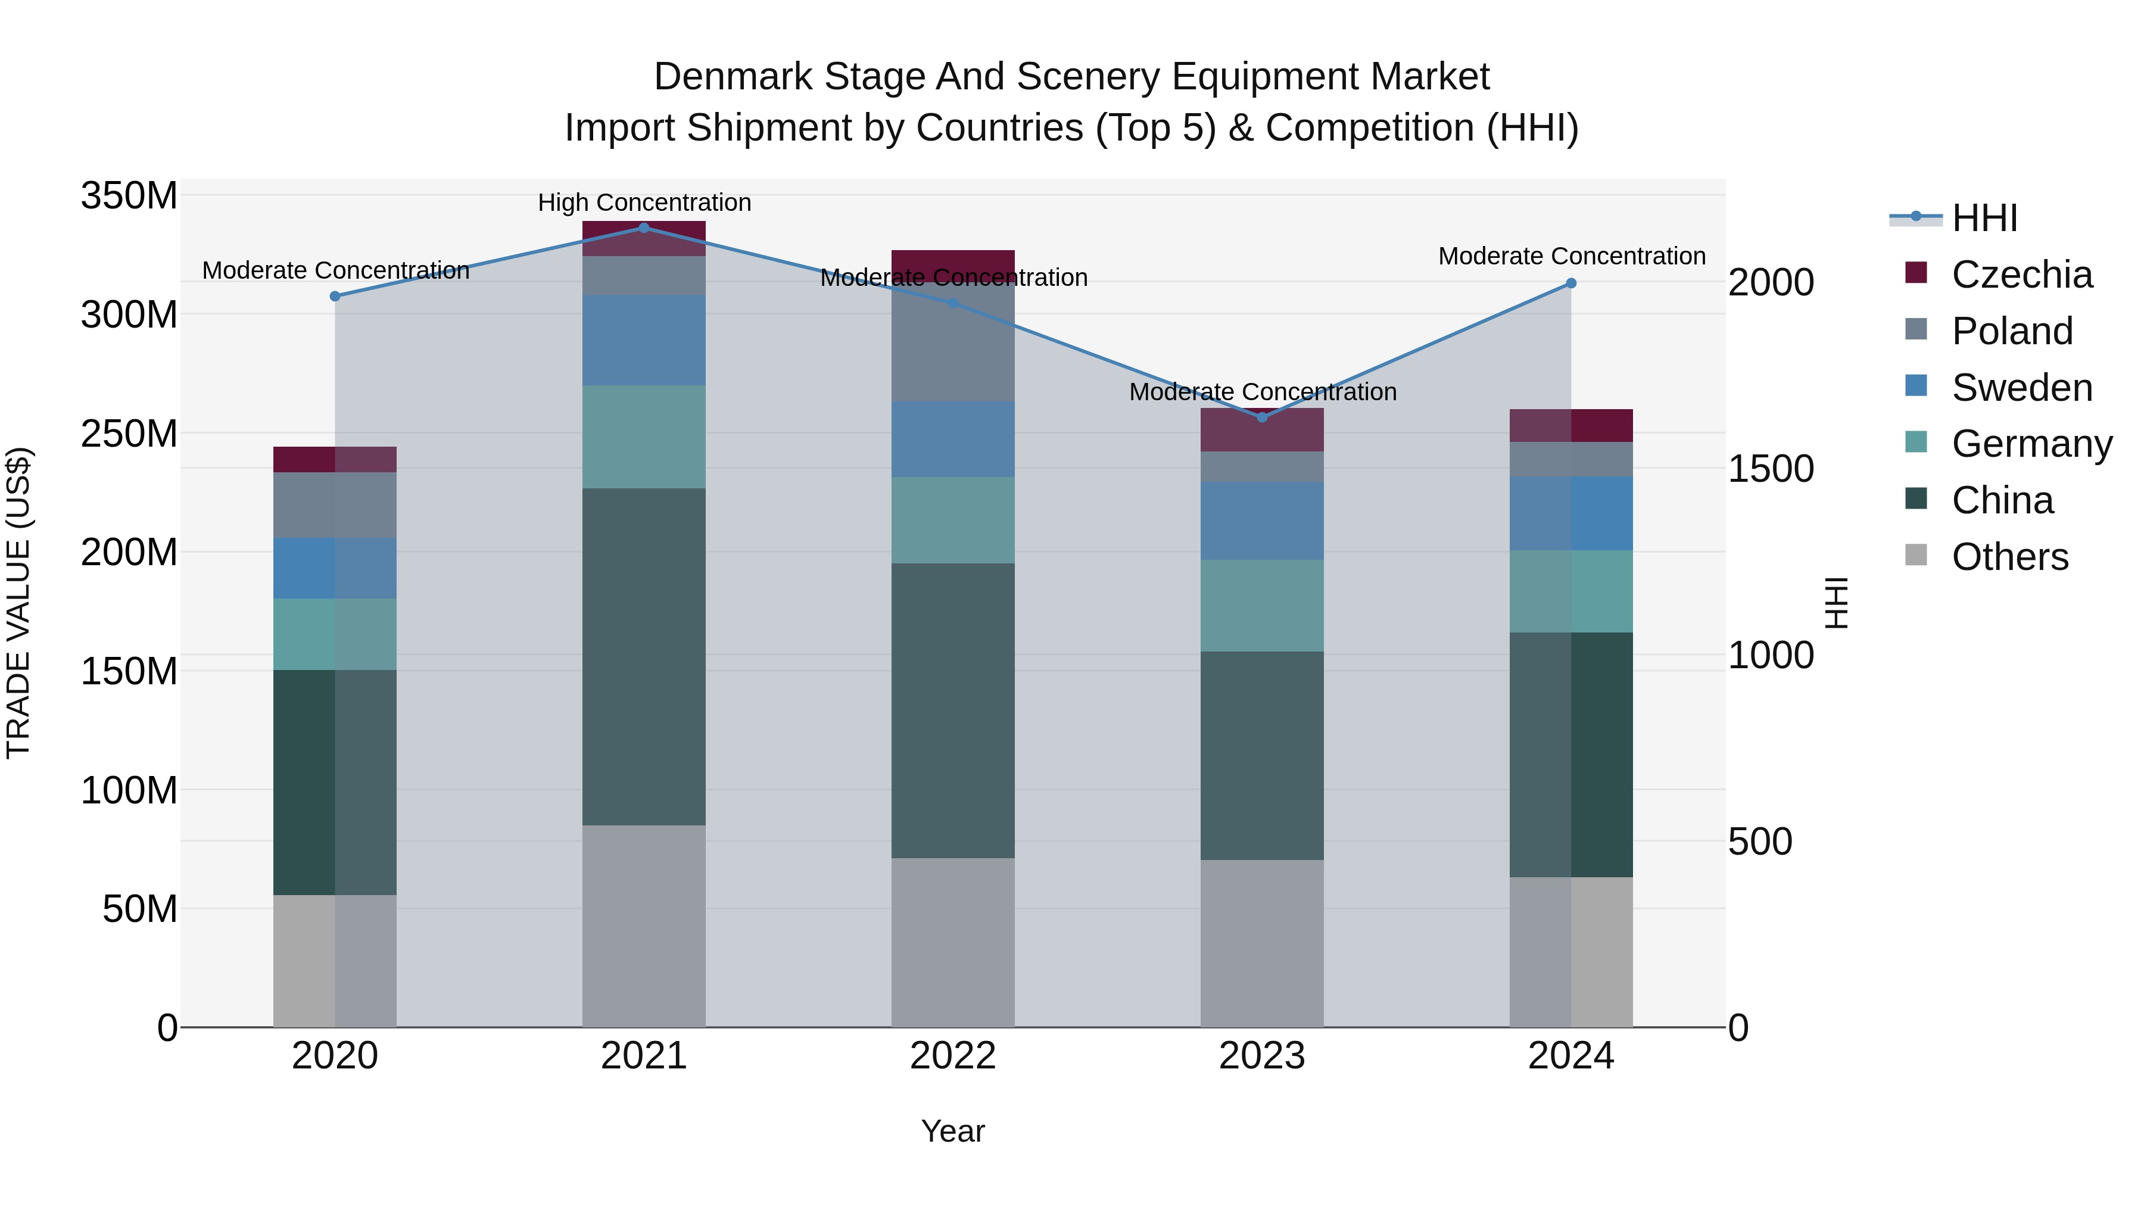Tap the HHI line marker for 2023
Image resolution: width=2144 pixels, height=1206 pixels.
coord(1262,417)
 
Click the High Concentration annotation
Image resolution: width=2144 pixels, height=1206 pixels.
coord(644,202)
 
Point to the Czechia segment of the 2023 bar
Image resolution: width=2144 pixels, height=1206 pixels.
coord(1262,429)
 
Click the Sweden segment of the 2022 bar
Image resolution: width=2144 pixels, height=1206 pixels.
coord(953,440)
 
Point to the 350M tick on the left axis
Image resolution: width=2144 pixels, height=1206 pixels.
coord(129,197)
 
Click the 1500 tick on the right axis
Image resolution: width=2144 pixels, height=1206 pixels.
coord(1771,469)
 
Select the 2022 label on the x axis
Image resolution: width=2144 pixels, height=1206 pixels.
coord(953,1056)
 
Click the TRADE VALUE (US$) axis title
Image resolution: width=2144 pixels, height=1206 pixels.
coord(18,603)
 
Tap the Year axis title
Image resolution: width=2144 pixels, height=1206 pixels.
coord(953,1131)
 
